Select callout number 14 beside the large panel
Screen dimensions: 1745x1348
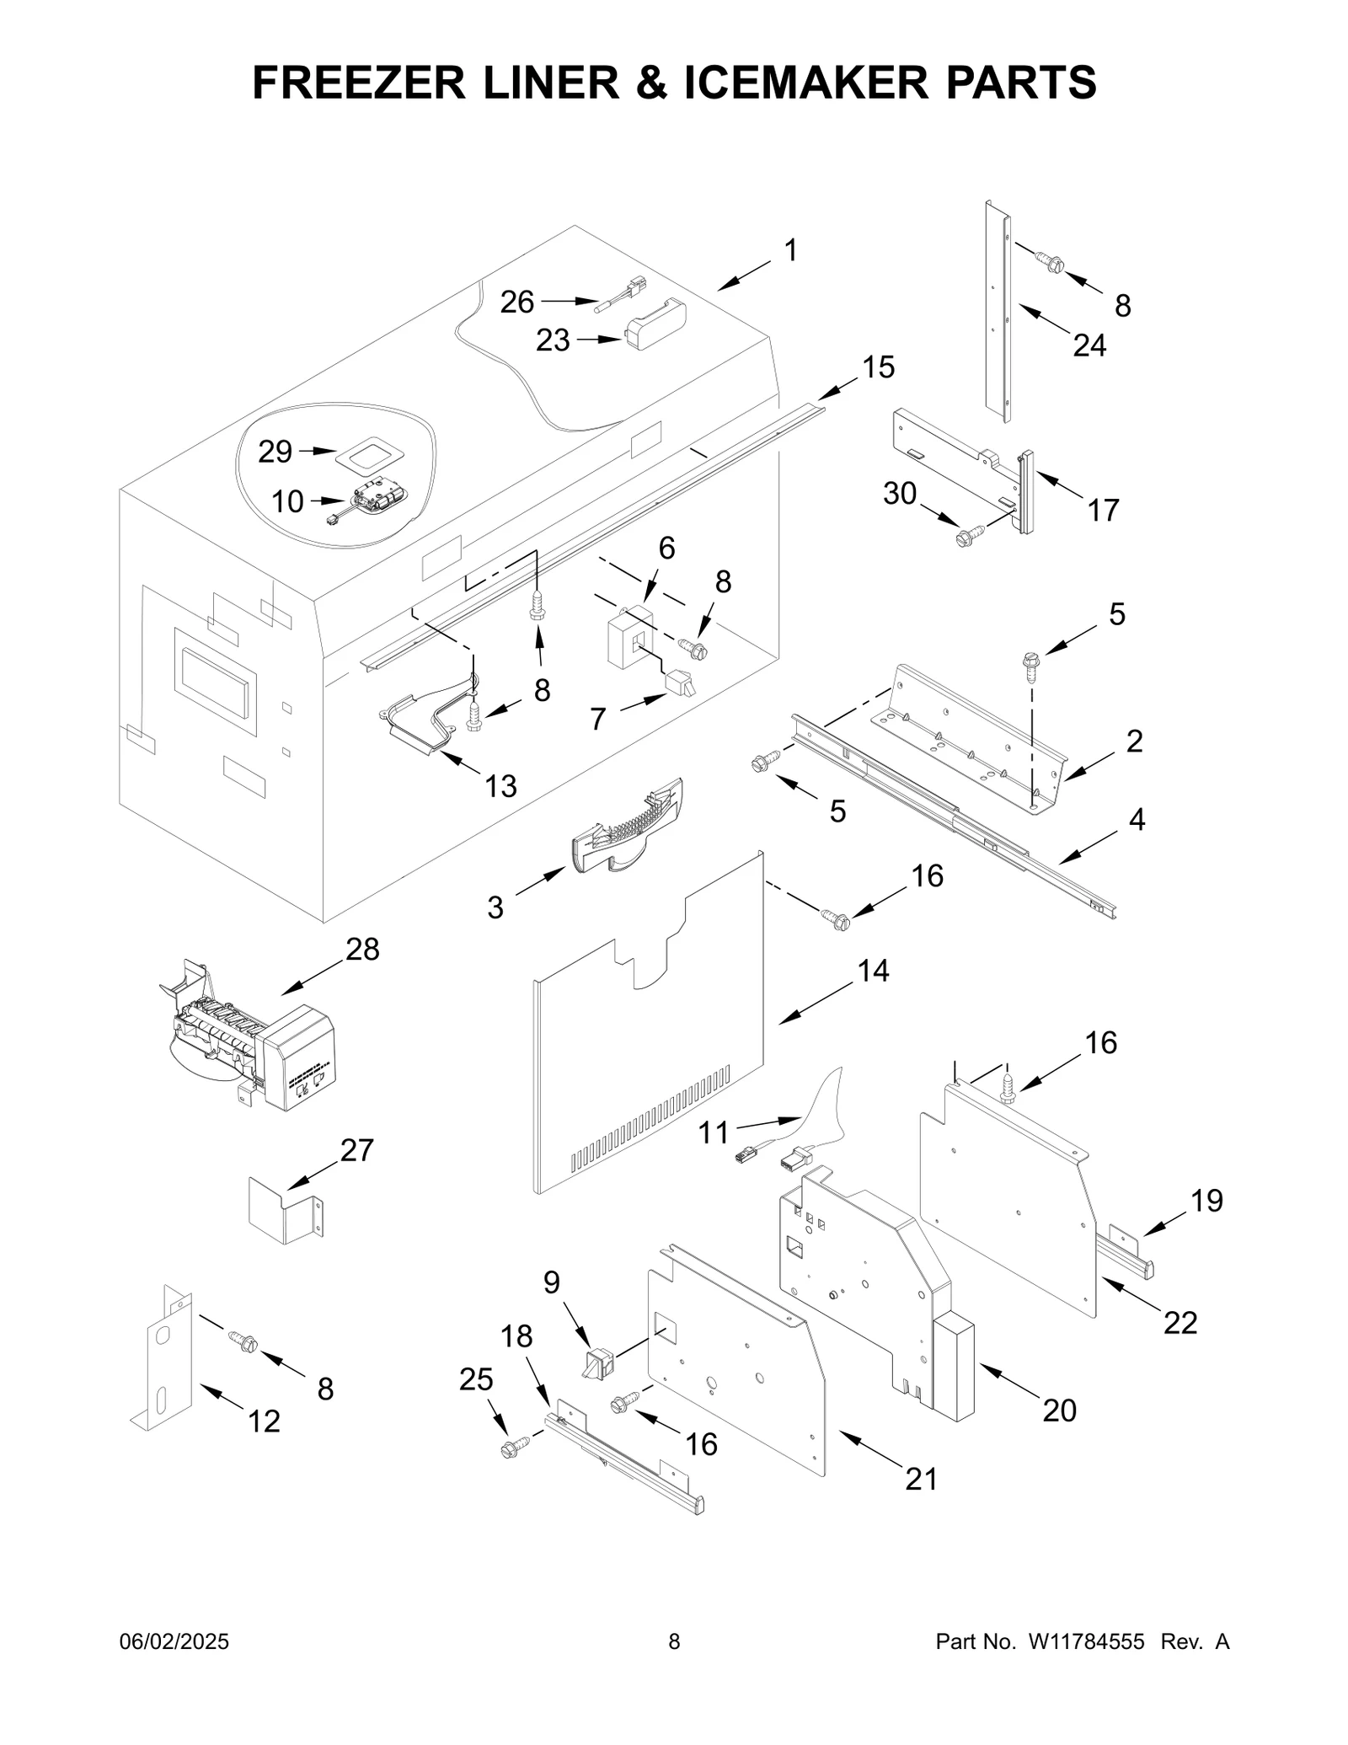pyautogui.click(x=873, y=971)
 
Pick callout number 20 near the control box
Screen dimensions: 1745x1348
pyautogui.click(x=1059, y=1410)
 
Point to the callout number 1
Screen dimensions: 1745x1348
pyautogui.click(x=790, y=250)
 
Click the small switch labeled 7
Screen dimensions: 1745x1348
pyautogui.click(x=679, y=682)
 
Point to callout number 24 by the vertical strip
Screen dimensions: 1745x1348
pyautogui.click(x=1089, y=345)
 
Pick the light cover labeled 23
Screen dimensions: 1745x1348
pyautogui.click(x=655, y=324)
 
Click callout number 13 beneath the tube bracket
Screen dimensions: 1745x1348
pyautogui.click(x=500, y=785)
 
